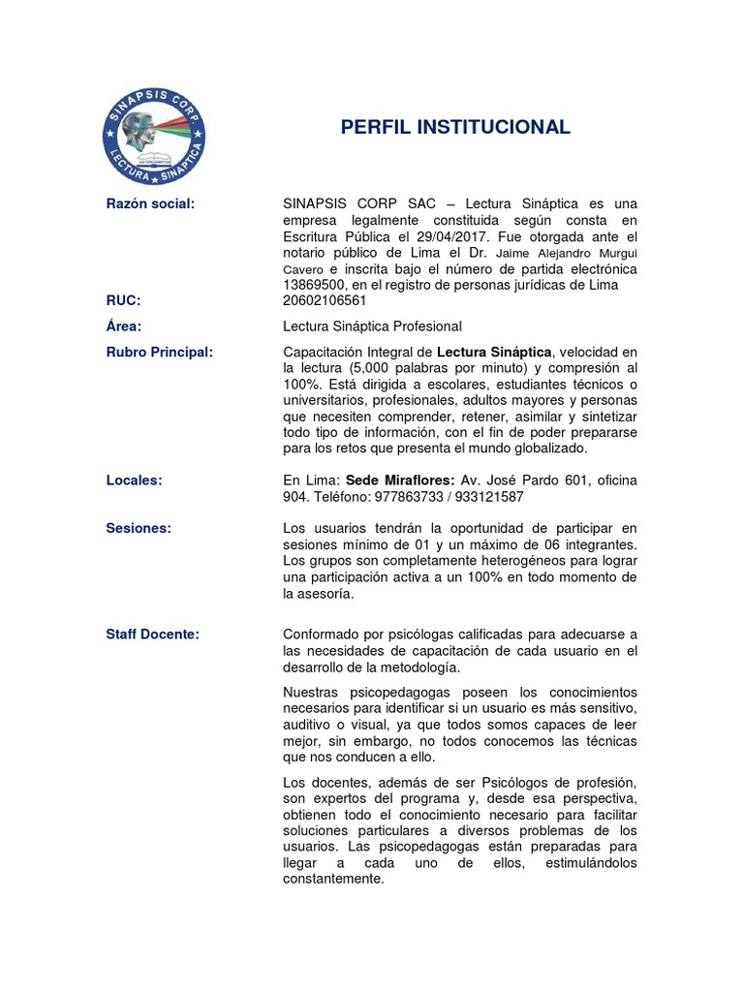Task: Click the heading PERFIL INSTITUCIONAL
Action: (x=455, y=128)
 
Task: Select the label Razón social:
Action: (x=150, y=203)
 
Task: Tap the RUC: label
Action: (x=123, y=300)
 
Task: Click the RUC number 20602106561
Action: (x=325, y=300)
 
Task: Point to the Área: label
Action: (x=124, y=326)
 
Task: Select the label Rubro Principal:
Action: (x=159, y=352)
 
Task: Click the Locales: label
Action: (x=134, y=480)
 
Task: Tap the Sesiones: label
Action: (x=138, y=528)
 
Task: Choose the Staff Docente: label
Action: (x=152, y=634)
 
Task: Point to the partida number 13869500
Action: (x=314, y=285)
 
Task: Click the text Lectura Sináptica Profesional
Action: (x=372, y=326)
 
